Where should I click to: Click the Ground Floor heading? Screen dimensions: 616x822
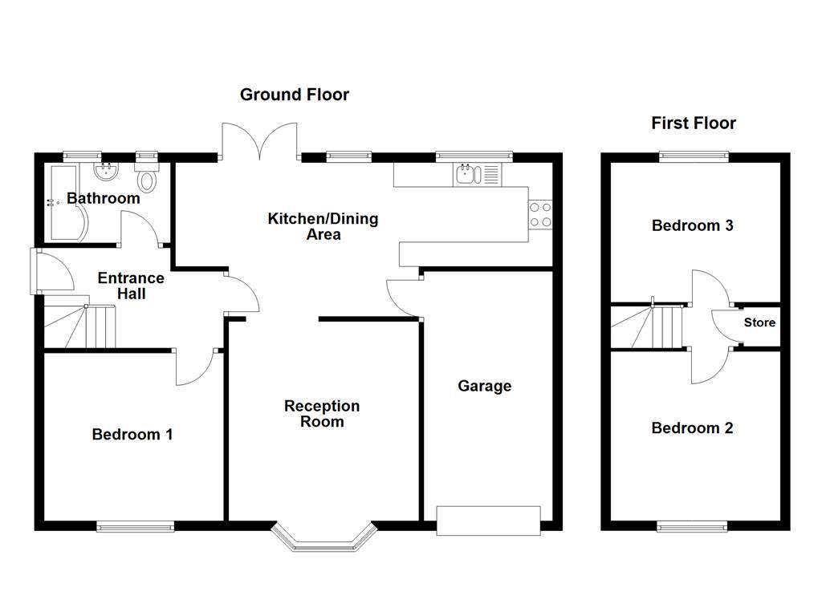[295, 95]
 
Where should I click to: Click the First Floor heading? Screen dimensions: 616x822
[693, 123]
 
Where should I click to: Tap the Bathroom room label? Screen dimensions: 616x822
[103, 198]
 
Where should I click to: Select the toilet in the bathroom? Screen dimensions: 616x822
[147, 177]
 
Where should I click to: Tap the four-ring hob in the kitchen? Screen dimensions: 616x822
[539, 213]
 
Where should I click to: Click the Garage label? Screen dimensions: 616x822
[484, 386]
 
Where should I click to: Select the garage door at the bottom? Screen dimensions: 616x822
[488, 521]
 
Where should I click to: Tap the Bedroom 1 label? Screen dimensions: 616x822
[132, 435]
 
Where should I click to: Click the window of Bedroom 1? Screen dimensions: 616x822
[135, 526]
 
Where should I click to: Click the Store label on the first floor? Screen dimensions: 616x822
[759, 322]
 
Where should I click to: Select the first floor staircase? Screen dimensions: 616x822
[650, 327]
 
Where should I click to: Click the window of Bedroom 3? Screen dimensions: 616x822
[694, 156]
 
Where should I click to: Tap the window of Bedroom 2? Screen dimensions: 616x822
[692, 525]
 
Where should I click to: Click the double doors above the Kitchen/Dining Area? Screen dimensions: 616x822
[260, 140]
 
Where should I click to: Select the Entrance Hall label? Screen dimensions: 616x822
[131, 286]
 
